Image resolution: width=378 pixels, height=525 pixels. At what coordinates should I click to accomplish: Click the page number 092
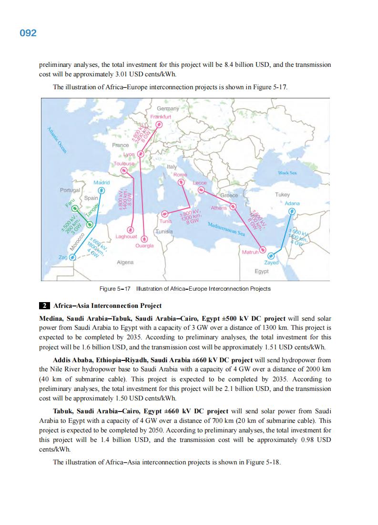28,33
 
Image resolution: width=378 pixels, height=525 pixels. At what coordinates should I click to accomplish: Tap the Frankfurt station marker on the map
159,125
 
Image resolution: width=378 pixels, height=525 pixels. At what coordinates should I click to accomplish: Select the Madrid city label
102,183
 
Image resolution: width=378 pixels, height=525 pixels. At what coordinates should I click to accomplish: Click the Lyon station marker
140,154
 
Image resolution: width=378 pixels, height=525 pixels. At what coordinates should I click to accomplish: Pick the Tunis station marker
164,214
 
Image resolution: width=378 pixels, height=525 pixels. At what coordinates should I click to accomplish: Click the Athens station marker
233,207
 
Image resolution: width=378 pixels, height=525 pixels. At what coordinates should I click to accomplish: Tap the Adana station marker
292,211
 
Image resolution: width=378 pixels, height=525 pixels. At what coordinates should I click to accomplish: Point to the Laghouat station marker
129,229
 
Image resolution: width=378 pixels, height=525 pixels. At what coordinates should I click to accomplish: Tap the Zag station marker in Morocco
72,257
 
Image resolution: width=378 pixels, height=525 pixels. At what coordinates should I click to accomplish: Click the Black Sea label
288,173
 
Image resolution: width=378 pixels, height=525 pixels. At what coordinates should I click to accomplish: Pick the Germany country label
168,109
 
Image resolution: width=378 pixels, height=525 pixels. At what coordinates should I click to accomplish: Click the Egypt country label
261,271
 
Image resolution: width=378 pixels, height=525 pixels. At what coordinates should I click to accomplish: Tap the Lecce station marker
201,190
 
